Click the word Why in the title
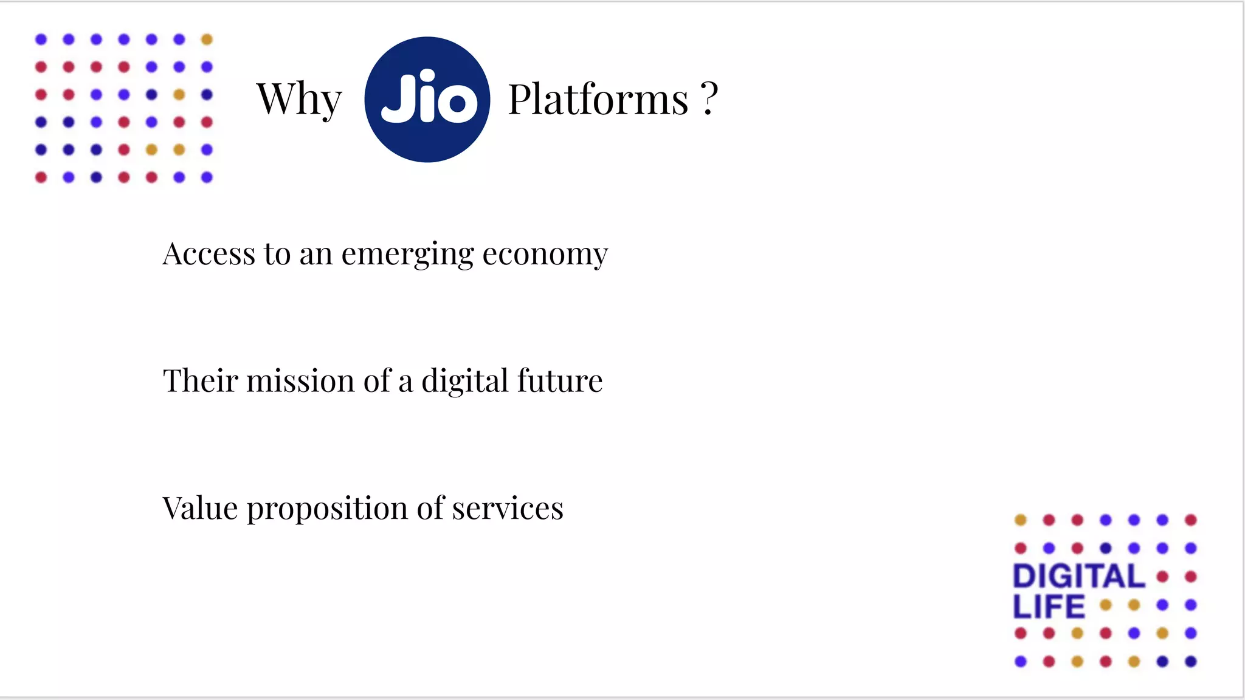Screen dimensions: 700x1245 coord(299,99)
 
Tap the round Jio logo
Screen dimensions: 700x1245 coord(427,100)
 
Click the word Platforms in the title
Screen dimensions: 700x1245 coord(598,99)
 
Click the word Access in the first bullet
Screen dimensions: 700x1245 coord(209,253)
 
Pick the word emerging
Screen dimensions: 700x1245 coord(407,255)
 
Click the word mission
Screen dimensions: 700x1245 coord(300,381)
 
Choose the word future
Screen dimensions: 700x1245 coord(560,381)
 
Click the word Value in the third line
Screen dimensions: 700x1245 coord(199,508)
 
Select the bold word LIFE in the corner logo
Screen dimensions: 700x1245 coord(1049,606)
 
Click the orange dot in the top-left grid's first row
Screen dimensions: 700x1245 coord(207,39)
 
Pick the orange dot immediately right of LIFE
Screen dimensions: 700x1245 coord(1106,605)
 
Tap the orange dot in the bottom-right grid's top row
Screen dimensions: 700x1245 coord(1021,520)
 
